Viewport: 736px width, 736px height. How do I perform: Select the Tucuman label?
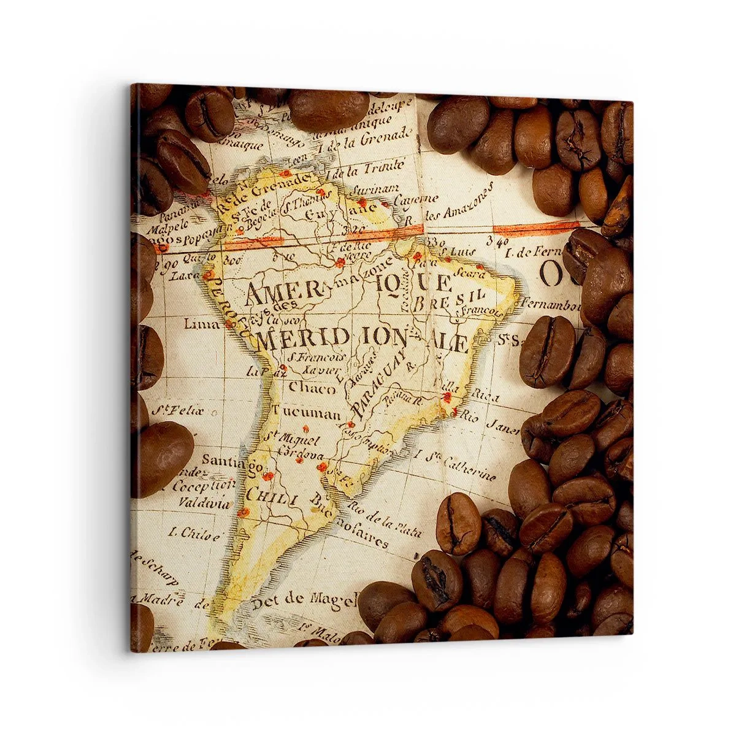click(307, 413)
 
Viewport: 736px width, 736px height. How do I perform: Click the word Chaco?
click(313, 388)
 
